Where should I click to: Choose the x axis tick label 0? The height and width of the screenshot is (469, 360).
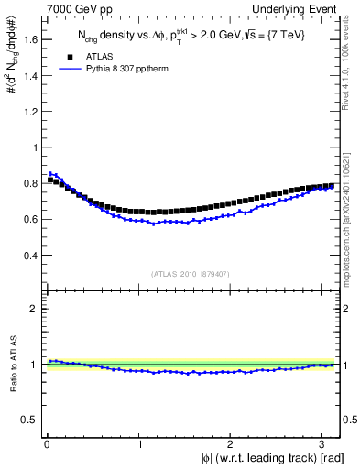point(47,445)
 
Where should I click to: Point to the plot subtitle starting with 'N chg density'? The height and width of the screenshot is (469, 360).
point(191,37)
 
